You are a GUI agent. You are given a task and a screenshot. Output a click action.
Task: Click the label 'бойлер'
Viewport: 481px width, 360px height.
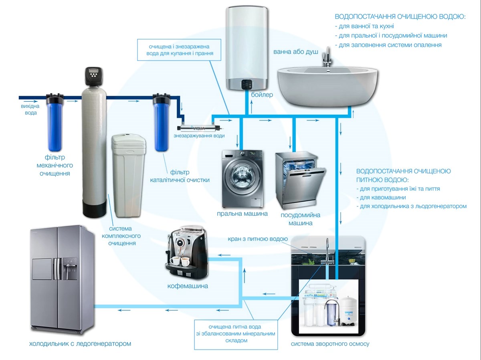click(x=262, y=95)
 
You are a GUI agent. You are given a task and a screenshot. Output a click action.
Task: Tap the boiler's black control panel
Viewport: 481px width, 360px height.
click(x=247, y=84)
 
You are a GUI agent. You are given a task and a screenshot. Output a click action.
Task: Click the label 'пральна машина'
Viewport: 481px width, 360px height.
click(x=242, y=214)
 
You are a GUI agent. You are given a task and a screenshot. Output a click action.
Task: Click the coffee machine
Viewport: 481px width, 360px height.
click(x=187, y=253)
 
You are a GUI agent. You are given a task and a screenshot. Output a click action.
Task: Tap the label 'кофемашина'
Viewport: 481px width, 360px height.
click(x=188, y=286)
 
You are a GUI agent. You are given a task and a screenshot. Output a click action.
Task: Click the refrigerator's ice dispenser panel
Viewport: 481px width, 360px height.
click(x=70, y=269)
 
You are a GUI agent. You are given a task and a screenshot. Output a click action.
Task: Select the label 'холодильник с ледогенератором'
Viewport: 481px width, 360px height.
click(x=80, y=344)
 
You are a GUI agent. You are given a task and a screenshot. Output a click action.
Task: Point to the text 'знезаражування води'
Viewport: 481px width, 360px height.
click(x=199, y=136)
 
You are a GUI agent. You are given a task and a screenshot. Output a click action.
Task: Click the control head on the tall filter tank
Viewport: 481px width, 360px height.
click(x=94, y=76)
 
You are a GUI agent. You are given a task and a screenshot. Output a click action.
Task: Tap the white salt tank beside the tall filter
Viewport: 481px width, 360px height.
click(x=128, y=176)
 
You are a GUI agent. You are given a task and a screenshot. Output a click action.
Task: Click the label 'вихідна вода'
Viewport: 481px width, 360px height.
click(x=30, y=109)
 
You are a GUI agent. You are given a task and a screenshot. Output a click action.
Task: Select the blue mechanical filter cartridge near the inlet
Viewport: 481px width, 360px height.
click(x=55, y=123)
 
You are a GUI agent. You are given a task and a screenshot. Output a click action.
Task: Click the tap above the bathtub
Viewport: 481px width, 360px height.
click(x=327, y=57)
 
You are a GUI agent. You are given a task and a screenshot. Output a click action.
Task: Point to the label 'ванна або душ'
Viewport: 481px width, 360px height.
click(x=295, y=52)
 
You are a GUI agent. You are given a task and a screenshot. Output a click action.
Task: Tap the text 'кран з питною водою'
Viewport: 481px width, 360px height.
click(x=258, y=239)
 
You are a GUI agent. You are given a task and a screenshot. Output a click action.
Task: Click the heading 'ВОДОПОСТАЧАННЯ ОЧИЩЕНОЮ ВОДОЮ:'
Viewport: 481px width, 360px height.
click(x=400, y=17)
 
